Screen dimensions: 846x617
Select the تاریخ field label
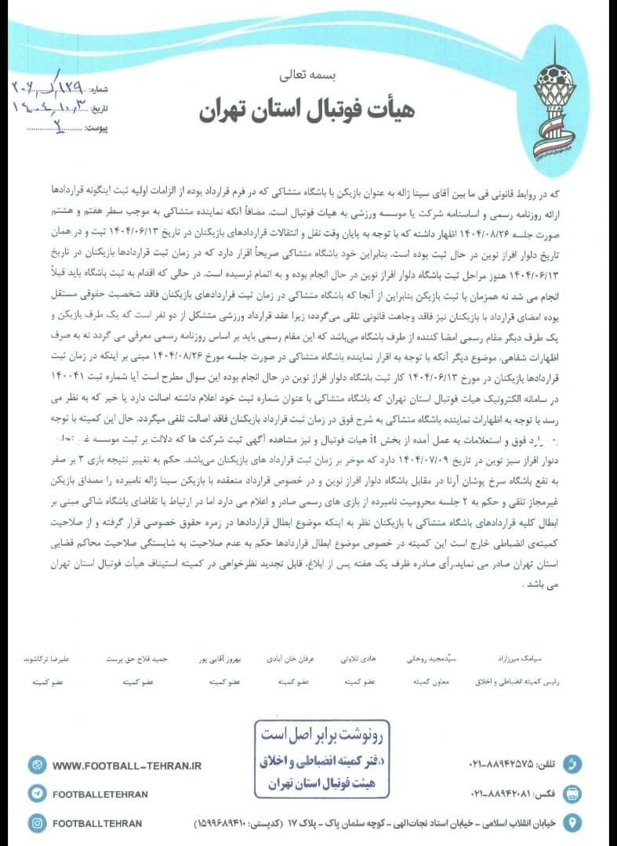tap(95, 107)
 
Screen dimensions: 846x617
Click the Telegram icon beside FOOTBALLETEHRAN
tap(37, 794)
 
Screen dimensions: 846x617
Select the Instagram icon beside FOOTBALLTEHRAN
tap(37, 822)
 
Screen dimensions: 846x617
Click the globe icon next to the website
tap(37, 765)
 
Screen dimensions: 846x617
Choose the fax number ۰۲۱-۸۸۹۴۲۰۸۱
tap(501, 794)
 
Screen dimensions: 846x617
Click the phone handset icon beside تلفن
tap(574, 764)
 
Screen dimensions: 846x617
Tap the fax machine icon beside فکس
tap(574, 793)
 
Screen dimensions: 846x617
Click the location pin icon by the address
tap(574, 822)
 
